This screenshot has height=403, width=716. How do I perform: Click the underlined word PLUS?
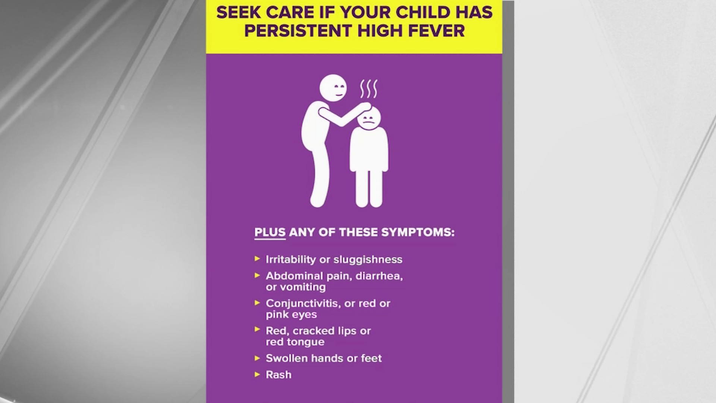tap(270, 232)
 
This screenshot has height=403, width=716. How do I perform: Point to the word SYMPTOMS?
tap(418, 232)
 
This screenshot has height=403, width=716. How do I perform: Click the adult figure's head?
tap(333, 88)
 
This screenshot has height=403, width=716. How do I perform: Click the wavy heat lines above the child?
tap(368, 89)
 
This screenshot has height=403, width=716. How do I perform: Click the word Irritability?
tap(291, 259)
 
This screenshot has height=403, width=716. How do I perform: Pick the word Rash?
tap(279, 375)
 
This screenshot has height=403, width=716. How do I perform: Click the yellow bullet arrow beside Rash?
tap(257, 374)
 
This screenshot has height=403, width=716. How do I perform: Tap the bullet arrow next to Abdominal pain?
tap(257, 275)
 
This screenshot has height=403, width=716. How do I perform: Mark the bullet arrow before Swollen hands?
tap(257, 358)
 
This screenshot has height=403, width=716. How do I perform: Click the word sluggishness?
tap(368, 260)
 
